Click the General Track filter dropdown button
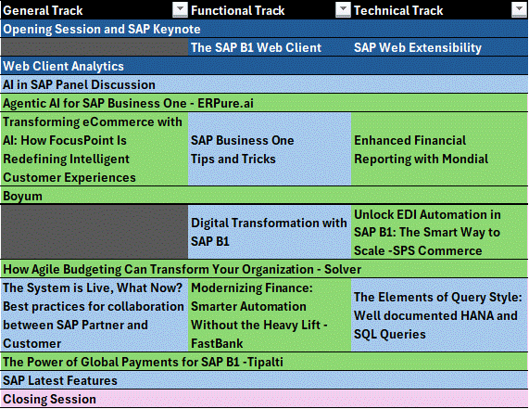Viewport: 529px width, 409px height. (180, 9)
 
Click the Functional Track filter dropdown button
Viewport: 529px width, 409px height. (343, 9)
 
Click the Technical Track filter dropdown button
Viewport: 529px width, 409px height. (519, 9)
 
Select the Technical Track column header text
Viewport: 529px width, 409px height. (398, 10)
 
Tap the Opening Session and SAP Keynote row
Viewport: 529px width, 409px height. (265, 29)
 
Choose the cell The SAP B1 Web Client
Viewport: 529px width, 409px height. (270, 47)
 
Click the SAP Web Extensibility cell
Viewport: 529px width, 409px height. (439, 47)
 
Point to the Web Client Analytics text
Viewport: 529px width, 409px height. (63, 66)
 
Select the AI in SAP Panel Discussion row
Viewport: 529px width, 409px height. (265, 84)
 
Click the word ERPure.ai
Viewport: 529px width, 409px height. (225, 103)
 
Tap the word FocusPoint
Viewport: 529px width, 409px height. (69, 140)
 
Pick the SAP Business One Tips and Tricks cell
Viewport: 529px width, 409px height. (270, 149)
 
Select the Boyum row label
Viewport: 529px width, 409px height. (22, 197)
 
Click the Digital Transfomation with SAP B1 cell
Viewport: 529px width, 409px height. (270, 232)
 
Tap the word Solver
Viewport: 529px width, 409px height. (343, 269)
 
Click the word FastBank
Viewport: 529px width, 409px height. (217, 343)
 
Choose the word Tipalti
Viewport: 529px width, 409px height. (265, 362)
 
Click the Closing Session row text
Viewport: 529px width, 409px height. (50, 399)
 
